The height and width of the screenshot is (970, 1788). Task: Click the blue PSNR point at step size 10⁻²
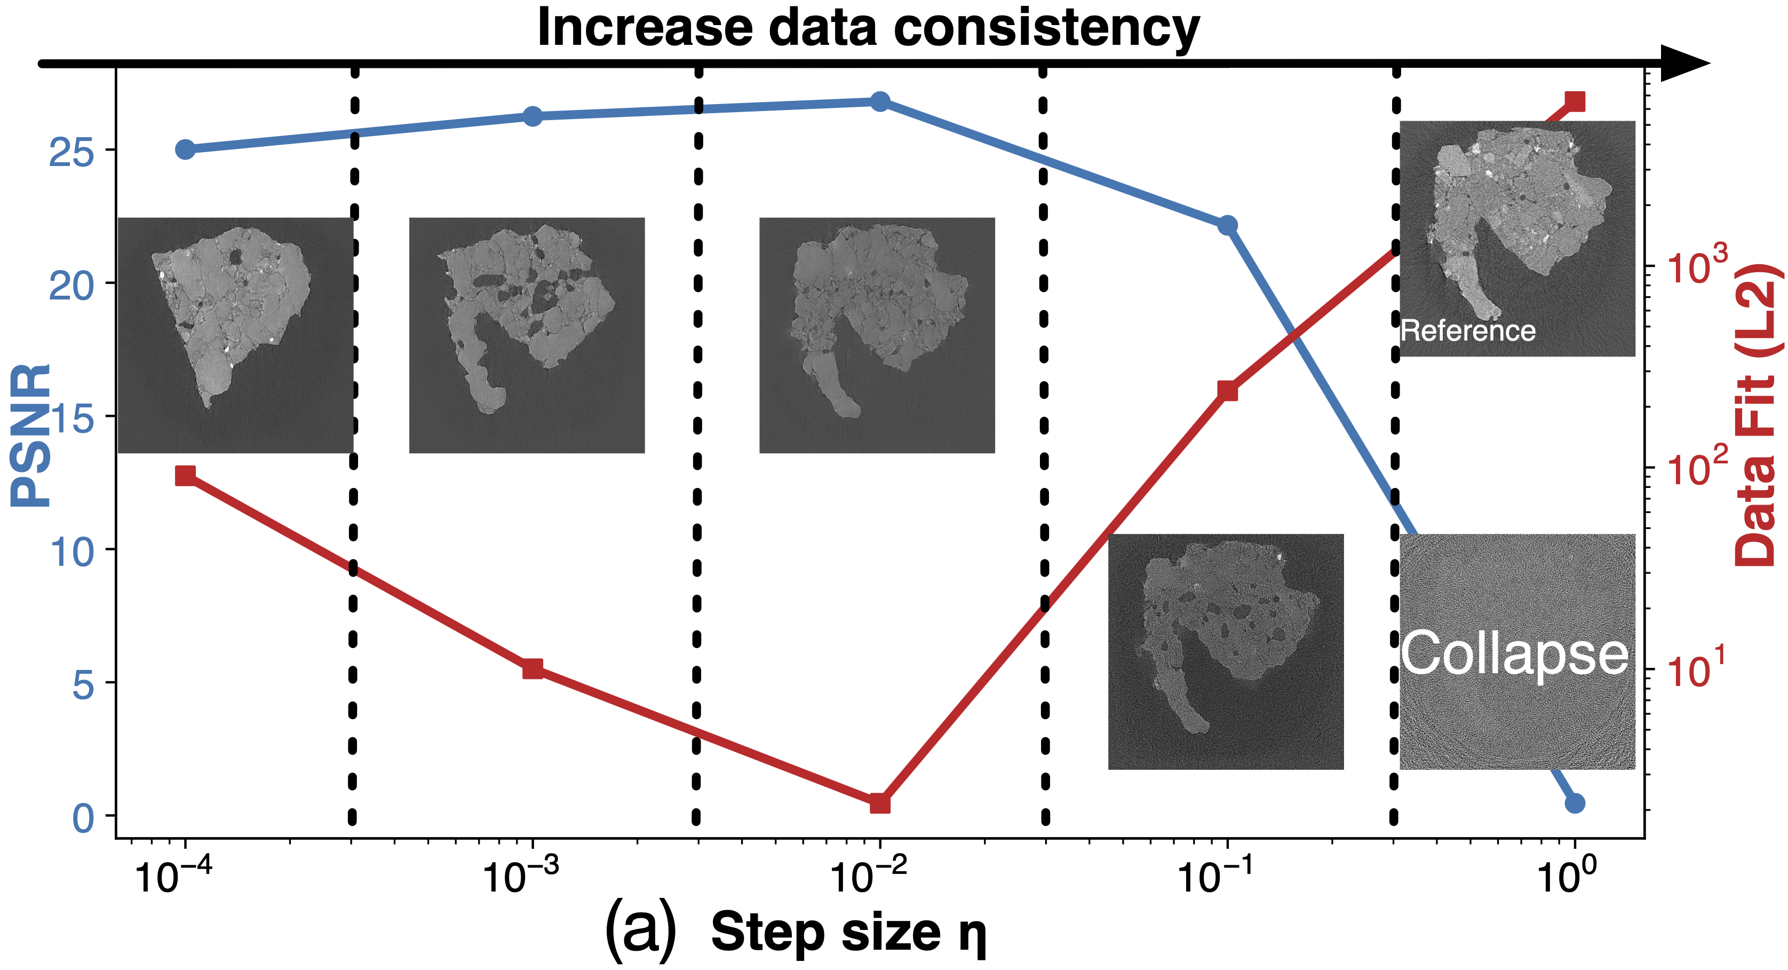pos(880,101)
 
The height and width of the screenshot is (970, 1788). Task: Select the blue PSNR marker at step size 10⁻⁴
pos(185,149)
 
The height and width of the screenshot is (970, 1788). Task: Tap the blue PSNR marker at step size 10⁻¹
pos(1227,225)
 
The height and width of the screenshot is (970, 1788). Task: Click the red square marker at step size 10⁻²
pos(880,803)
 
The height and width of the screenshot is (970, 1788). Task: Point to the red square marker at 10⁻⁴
pos(185,476)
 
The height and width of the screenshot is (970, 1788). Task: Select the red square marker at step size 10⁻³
pos(533,669)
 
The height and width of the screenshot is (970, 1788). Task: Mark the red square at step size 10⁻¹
pos(1227,391)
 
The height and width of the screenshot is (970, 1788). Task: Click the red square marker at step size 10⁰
pos(1575,101)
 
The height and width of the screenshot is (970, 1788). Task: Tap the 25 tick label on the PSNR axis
pos(71,153)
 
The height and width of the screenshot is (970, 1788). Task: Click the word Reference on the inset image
pos(1468,331)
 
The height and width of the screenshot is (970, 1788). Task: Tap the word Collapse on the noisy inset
pos(1514,654)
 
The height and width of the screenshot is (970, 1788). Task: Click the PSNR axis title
pos(31,436)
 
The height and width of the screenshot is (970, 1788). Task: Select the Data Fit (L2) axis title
pos(1758,414)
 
